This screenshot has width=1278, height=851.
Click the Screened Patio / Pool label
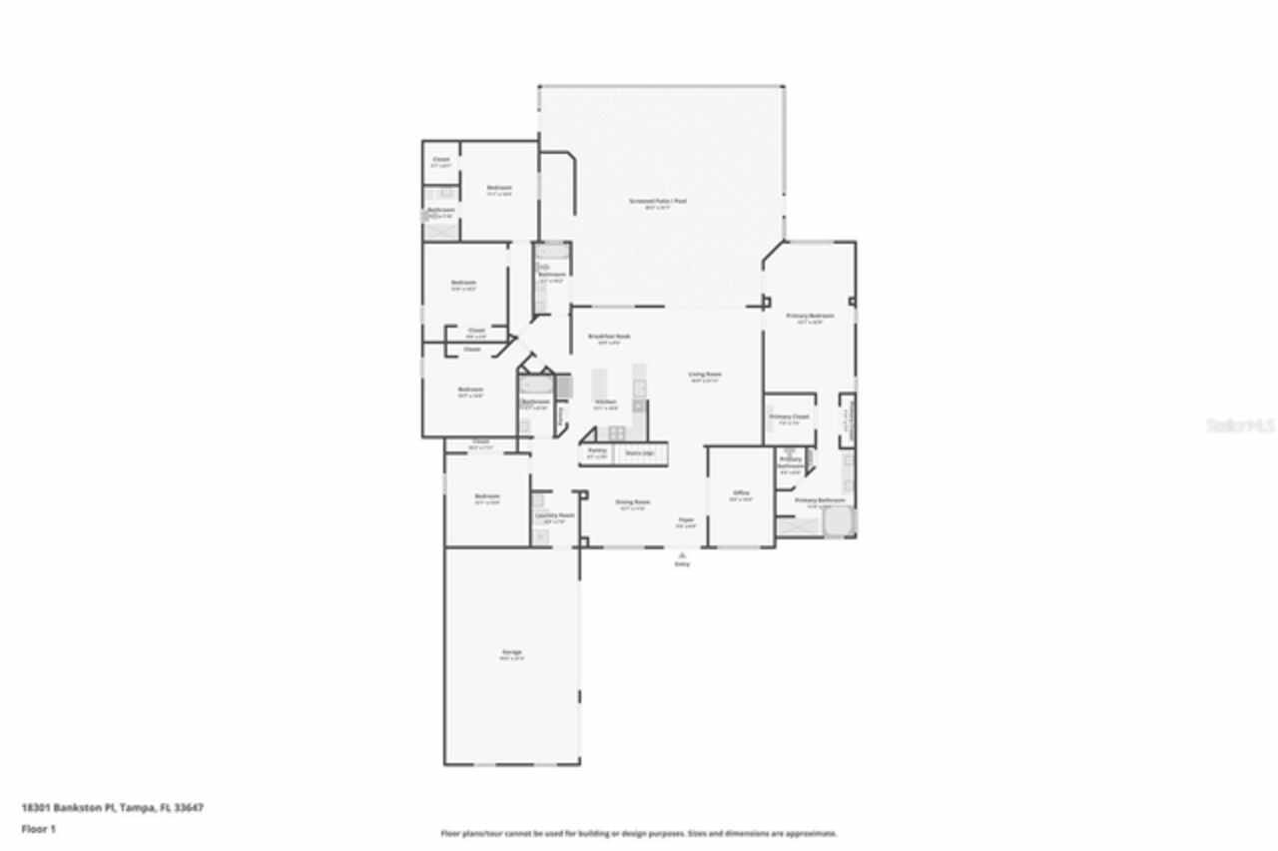658,201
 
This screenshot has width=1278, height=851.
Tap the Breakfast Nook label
608,337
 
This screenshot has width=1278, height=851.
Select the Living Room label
705,375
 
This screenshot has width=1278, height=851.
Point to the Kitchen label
606,403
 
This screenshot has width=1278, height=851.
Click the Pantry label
597,451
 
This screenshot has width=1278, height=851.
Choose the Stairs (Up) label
639,451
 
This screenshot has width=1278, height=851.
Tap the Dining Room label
633,501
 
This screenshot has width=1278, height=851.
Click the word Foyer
686,519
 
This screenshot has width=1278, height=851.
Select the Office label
741,492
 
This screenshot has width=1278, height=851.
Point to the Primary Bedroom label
810,316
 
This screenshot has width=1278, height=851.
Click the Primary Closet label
789,417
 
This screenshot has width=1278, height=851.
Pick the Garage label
511,652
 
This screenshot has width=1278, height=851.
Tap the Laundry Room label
554,515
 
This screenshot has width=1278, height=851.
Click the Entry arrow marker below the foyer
682,554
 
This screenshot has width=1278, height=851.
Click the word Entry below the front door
682,564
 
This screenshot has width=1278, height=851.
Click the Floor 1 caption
39,829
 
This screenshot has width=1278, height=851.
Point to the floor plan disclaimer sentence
639,833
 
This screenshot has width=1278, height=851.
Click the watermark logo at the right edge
1241,425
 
